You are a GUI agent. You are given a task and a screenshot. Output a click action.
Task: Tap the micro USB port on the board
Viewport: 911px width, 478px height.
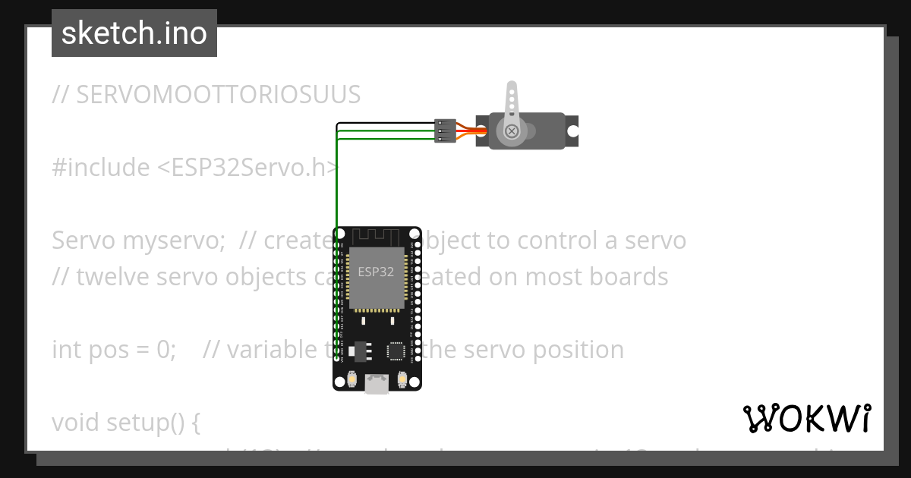(377, 385)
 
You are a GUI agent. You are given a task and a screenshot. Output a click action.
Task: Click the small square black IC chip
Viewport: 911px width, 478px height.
(396, 351)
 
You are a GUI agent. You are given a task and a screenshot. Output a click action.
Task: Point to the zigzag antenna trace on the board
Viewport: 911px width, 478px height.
(377, 237)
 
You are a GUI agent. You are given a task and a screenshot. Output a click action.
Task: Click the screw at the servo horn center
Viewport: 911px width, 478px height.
(512, 131)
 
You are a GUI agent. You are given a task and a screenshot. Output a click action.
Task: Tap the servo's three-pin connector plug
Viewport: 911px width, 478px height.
(445, 131)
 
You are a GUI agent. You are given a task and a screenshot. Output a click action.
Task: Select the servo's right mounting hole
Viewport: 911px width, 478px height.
(572, 131)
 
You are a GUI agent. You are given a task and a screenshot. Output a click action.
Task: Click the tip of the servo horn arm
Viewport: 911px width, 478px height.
(512, 87)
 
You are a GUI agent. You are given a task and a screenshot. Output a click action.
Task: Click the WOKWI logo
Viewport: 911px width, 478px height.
(806, 418)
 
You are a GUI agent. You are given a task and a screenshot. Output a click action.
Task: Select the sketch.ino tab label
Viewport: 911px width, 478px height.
(134, 33)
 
